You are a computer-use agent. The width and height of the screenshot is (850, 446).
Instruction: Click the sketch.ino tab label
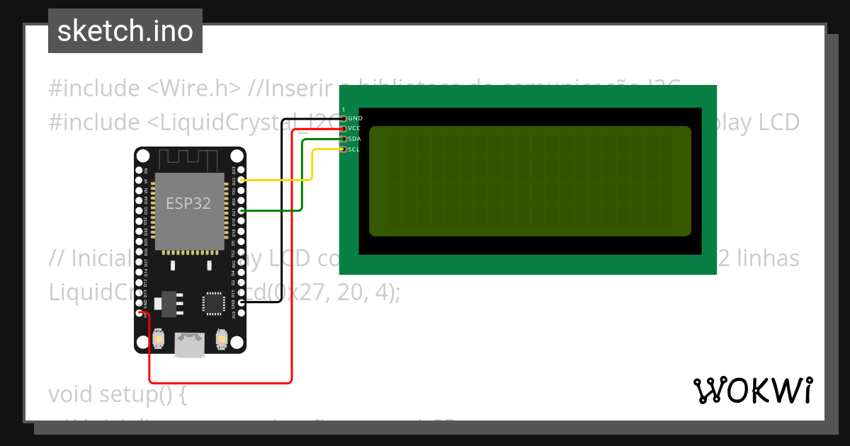click(x=125, y=31)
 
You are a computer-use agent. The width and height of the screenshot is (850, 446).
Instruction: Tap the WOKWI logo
click(x=752, y=390)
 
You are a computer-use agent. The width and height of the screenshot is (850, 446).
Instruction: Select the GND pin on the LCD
click(x=344, y=118)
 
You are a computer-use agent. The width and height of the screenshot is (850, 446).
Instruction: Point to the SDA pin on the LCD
click(x=344, y=139)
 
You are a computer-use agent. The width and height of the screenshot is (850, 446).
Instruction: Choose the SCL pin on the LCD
click(x=344, y=149)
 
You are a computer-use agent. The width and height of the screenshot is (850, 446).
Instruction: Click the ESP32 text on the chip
click(x=188, y=203)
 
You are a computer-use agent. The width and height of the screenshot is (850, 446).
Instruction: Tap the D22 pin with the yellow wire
click(x=242, y=181)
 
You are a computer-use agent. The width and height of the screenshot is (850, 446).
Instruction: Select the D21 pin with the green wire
click(x=242, y=211)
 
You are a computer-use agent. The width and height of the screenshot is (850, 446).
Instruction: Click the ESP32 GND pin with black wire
click(x=242, y=303)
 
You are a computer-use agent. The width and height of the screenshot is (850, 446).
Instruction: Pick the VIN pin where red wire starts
click(x=140, y=313)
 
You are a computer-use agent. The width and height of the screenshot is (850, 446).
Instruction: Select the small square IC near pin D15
click(x=212, y=303)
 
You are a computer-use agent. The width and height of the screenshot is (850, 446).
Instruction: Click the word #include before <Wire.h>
click(x=94, y=88)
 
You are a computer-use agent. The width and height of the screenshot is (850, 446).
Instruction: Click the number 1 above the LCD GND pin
click(x=344, y=109)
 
